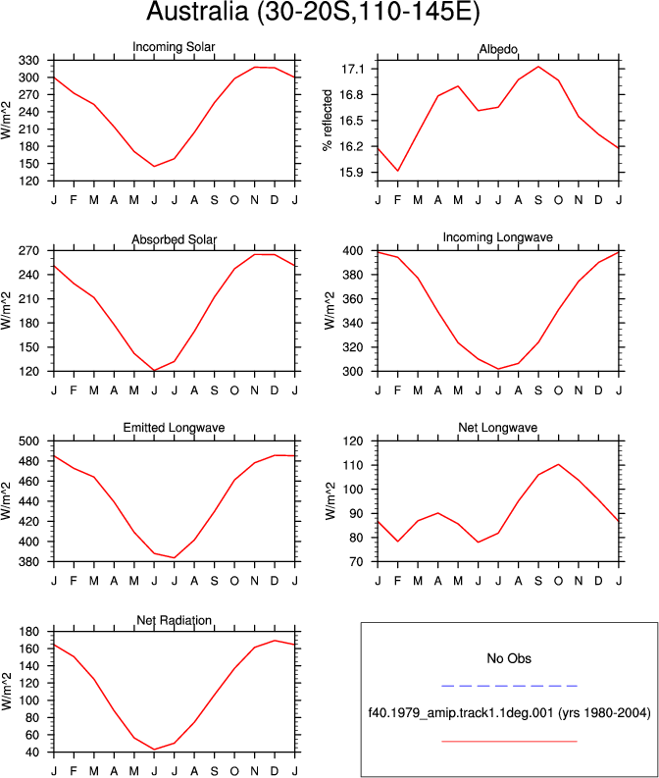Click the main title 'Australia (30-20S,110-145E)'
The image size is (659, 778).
(x=313, y=11)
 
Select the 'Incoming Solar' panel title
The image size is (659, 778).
(x=174, y=47)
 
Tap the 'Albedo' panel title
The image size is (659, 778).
(x=498, y=49)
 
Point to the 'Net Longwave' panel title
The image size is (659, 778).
(x=497, y=428)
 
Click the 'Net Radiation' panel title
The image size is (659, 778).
(x=174, y=620)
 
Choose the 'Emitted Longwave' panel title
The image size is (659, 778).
(x=174, y=428)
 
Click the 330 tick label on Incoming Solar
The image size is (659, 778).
(x=28, y=61)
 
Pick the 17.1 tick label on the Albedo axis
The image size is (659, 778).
(x=352, y=69)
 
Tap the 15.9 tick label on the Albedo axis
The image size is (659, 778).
(x=352, y=173)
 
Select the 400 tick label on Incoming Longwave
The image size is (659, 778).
(x=353, y=251)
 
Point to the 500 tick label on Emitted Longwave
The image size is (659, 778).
(x=28, y=441)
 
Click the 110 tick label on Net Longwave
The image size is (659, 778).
(x=353, y=465)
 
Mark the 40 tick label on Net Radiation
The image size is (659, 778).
(x=31, y=752)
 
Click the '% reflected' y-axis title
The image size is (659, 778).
(x=328, y=120)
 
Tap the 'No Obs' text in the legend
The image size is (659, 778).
(x=509, y=658)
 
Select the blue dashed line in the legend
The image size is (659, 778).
(x=509, y=686)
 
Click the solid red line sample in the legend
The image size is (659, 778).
(x=509, y=742)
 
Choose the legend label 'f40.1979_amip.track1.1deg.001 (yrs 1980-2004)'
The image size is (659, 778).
(x=509, y=713)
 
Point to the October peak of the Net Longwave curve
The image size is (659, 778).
(x=559, y=464)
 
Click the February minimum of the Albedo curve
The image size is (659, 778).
(x=398, y=171)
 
